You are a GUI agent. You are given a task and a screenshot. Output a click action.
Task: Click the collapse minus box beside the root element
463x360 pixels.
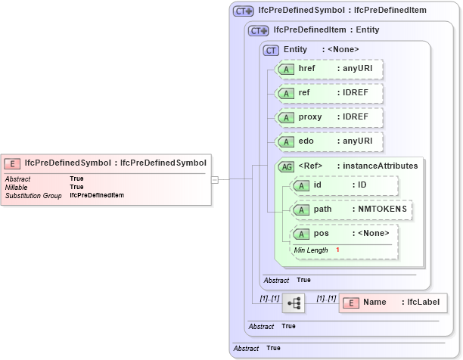215,179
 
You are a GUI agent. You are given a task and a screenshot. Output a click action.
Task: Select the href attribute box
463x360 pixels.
328,69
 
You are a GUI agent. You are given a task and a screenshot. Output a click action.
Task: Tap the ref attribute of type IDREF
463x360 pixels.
328,93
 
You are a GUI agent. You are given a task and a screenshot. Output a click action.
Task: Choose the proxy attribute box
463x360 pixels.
328,117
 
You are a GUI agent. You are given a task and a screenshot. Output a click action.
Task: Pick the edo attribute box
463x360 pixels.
328,141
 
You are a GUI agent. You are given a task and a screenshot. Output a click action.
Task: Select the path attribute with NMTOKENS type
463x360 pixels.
351,209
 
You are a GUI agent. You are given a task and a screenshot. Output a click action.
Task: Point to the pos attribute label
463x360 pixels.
322,234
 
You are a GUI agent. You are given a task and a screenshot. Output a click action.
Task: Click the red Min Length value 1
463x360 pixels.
337,250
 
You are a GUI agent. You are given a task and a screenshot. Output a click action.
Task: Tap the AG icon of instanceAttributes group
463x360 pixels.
287,166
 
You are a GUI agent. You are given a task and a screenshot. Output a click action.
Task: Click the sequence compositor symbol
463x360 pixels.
294,303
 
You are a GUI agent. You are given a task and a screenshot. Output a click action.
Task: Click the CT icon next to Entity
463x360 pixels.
271,50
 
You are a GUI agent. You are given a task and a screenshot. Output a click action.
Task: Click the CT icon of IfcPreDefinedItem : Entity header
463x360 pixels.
259,30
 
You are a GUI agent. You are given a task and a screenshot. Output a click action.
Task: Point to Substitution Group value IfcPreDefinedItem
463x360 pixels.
97,195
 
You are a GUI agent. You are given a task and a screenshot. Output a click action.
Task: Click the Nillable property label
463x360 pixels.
16,187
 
